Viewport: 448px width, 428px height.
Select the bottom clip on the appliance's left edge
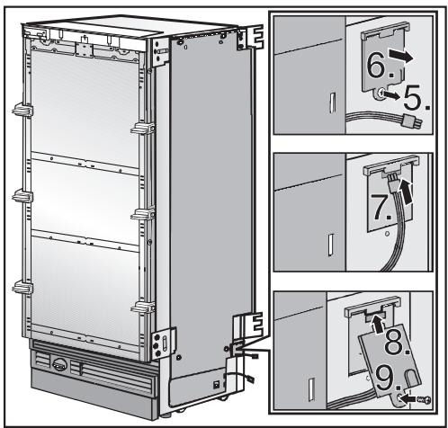pyautogui.click(x=19, y=288)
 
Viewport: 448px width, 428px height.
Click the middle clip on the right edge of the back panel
pyautogui.click(x=140, y=214)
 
